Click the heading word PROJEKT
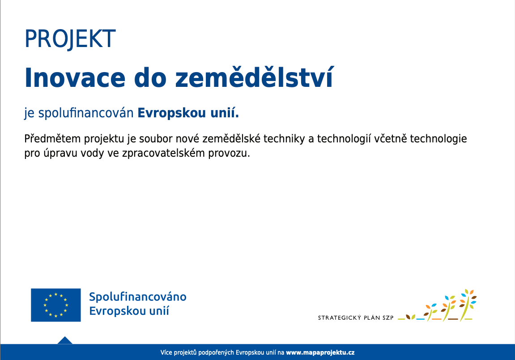[x=70, y=39]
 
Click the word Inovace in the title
[x=75, y=78]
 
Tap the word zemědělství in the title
[x=254, y=77]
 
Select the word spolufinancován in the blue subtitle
[x=86, y=113]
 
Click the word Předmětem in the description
[x=52, y=138]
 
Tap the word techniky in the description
[x=284, y=139]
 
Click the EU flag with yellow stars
[x=56, y=305]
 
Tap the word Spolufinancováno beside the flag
[x=138, y=297]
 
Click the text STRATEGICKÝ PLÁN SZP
[x=356, y=317]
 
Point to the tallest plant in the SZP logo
[x=468, y=305]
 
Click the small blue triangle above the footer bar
[x=65, y=340]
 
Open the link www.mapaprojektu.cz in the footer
[x=320, y=352]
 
